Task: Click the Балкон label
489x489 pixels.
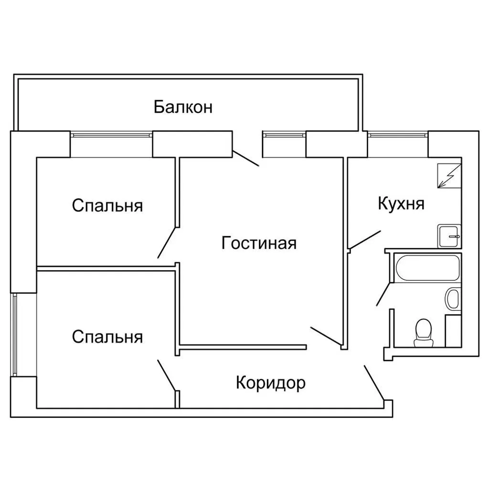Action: tap(183, 107)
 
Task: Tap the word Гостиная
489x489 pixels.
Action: tap(259, 243)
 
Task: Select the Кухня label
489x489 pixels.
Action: tap(401, 204)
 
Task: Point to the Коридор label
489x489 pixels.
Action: tap(270, 383)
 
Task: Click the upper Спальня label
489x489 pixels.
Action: tap(107, 206)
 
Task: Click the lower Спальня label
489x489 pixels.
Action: tap(107, 337)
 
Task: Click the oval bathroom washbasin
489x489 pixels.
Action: tap(452, 299)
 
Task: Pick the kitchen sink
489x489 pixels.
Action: tap(449, 236)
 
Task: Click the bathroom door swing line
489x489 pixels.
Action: tap(383, 293)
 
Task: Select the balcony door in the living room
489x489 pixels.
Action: tap(245, 158)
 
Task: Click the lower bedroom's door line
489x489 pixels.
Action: tap(168, 375)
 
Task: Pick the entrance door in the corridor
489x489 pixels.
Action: tap(374, 383)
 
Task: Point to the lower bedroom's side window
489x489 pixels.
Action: tap(15, 335)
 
